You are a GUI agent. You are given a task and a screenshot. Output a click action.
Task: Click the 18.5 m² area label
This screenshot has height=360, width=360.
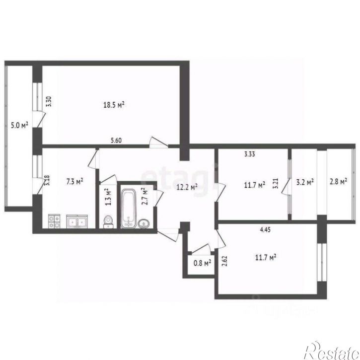coord(114,105)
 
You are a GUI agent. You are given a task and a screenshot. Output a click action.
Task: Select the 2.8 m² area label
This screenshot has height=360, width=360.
coord(338,181)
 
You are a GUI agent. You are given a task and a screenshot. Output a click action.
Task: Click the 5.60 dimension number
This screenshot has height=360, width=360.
coord(116,141)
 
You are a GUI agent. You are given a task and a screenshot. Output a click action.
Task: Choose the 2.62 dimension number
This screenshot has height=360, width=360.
coord(224,262)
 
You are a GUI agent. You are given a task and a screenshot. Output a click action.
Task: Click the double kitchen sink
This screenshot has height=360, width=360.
coord(77,221)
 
